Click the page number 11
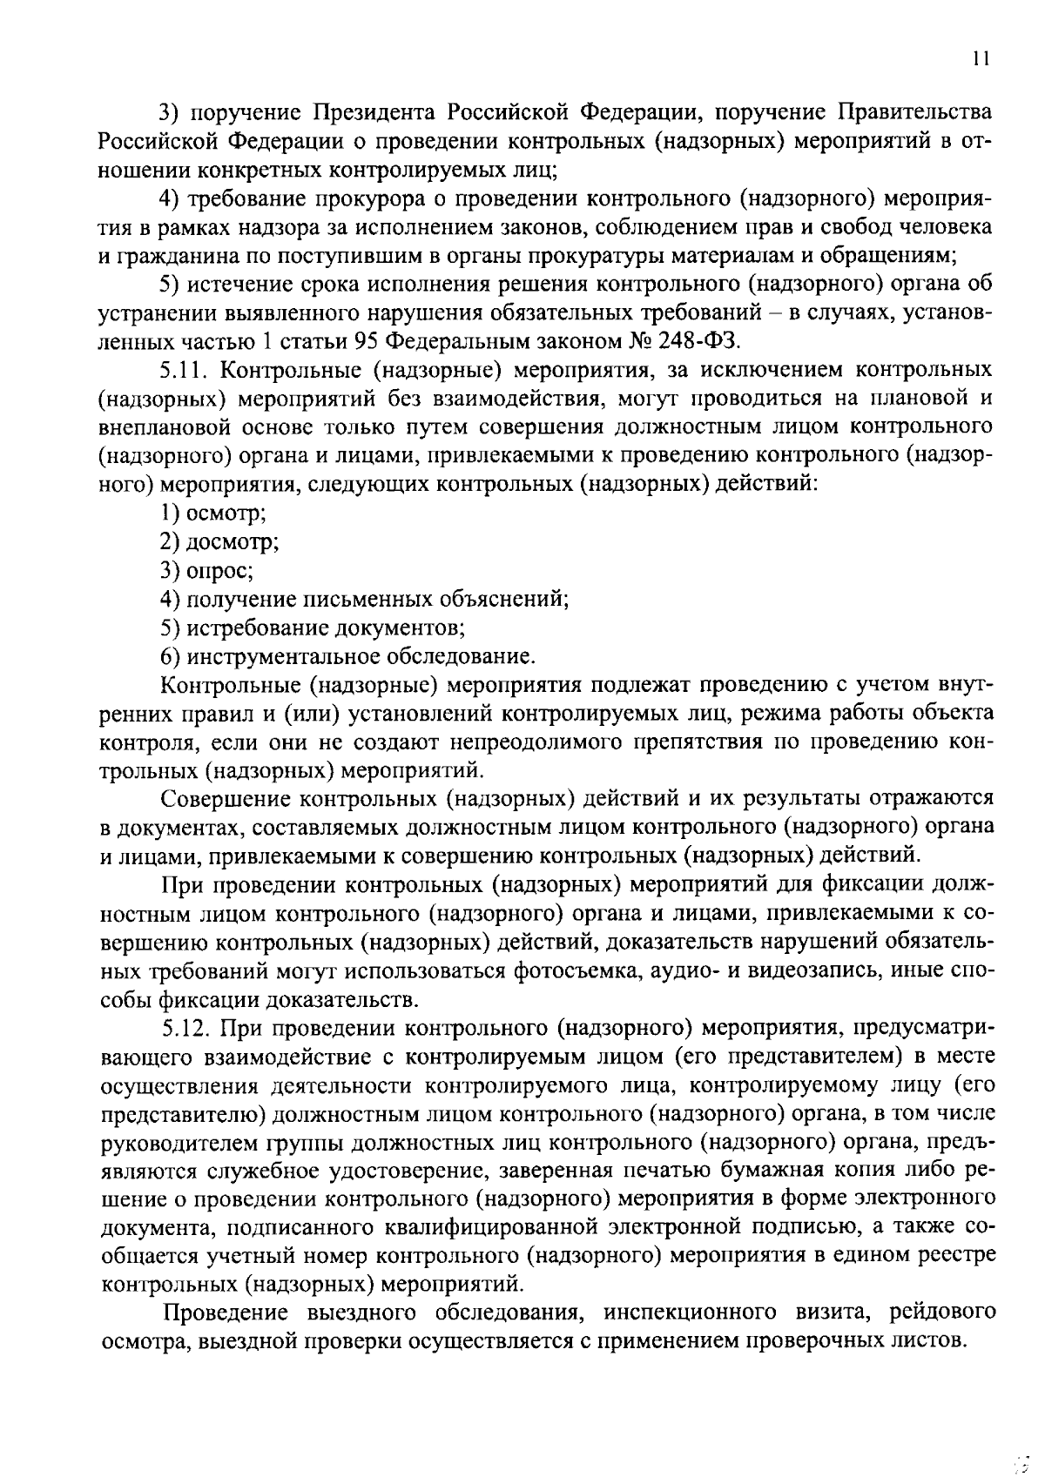pyautogui.click(x=981, y=59)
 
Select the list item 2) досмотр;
pyautogui.click(x=219, y=541)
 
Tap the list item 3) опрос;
pyautogui.click(x=207, y=570)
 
